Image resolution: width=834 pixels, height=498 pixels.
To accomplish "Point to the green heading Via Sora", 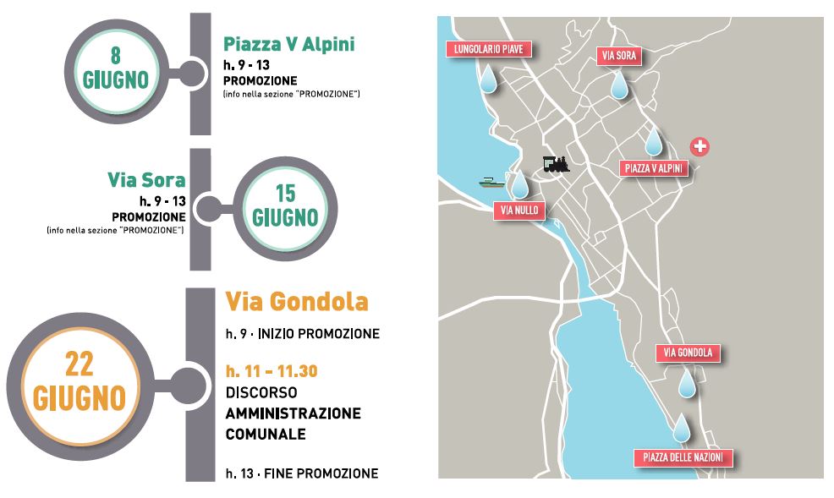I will click(x=146, y=180).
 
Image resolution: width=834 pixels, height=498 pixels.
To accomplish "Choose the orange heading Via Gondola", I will click(x=297, y=302).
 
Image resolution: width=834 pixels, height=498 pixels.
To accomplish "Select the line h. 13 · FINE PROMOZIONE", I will click(x=301, y=473).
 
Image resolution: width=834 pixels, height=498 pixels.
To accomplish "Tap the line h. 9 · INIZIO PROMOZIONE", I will click(x=302, y=334).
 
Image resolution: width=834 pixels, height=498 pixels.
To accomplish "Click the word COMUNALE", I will click(x=265, y=435).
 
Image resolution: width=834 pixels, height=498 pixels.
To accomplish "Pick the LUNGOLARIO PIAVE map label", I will click(x=489, y=49).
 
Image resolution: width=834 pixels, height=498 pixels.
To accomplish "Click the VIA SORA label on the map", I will click(x=619, y=57).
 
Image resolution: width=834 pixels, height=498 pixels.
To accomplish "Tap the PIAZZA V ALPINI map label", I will click(x=654, y=168).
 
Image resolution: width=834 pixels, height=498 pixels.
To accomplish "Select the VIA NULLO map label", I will click(x=519, y=211).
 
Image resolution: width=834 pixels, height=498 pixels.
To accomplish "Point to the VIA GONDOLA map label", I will click(x=688, y=353).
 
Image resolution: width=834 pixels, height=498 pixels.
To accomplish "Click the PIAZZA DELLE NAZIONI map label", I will click(x=683, y=458).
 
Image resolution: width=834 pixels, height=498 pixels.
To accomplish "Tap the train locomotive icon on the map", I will click(x=556, y=163).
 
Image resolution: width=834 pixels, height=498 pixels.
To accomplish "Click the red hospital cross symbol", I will click(x=700, y=146).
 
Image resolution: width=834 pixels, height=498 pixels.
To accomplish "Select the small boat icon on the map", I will click(x=491, y=180).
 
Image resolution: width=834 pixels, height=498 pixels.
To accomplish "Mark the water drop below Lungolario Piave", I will click(x=488, y=80).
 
